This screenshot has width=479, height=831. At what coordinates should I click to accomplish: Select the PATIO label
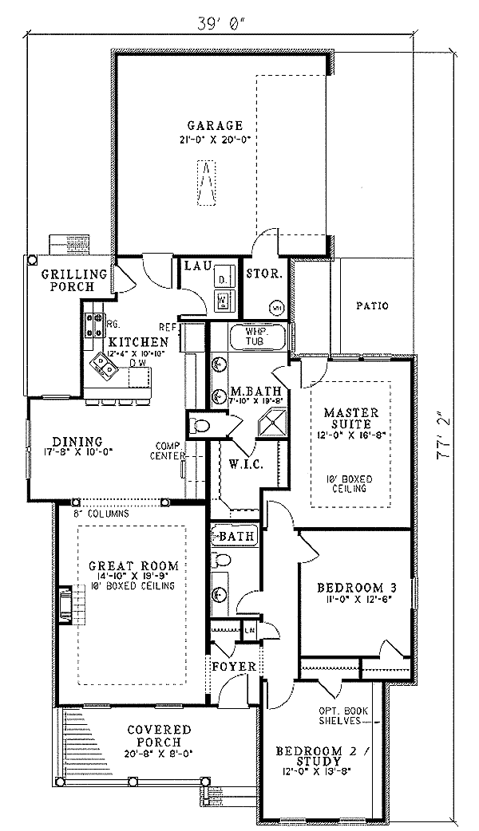pos(372,305)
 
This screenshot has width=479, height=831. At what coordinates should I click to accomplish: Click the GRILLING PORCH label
pos(68,280)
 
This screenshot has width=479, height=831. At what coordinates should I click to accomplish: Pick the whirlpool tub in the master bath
pos(257,338)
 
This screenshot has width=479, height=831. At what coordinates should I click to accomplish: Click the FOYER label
pos(233,666)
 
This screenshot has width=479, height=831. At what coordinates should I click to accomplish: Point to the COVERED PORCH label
pos(160,735)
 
